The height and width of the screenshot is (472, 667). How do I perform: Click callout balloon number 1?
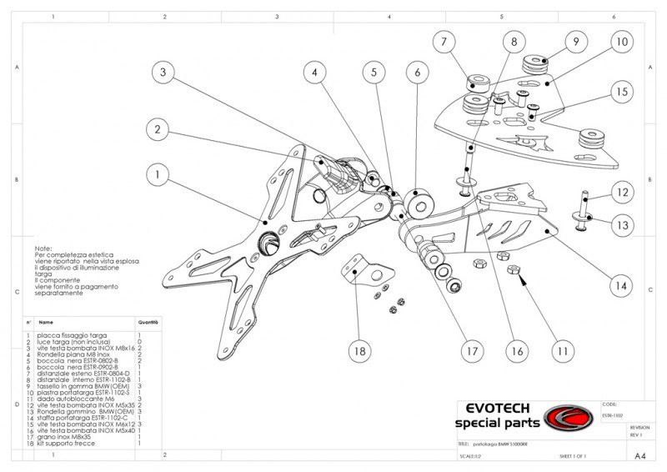(x=156, y=174)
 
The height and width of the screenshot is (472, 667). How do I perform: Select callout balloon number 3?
(x=163, y=73)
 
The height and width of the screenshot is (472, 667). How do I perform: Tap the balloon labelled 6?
(x=415, y=73)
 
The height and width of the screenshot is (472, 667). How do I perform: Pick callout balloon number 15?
(x=619, y=92)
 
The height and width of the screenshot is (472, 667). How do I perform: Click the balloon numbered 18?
(x=359, y=351)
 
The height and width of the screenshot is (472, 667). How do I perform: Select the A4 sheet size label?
(x=639, y=456)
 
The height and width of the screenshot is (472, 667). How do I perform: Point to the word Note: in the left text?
(x=43, y=249)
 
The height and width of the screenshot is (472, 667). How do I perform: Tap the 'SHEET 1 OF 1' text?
(x=574, y=457)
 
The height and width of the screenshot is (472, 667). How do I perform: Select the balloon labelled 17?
(x=473, y=351)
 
